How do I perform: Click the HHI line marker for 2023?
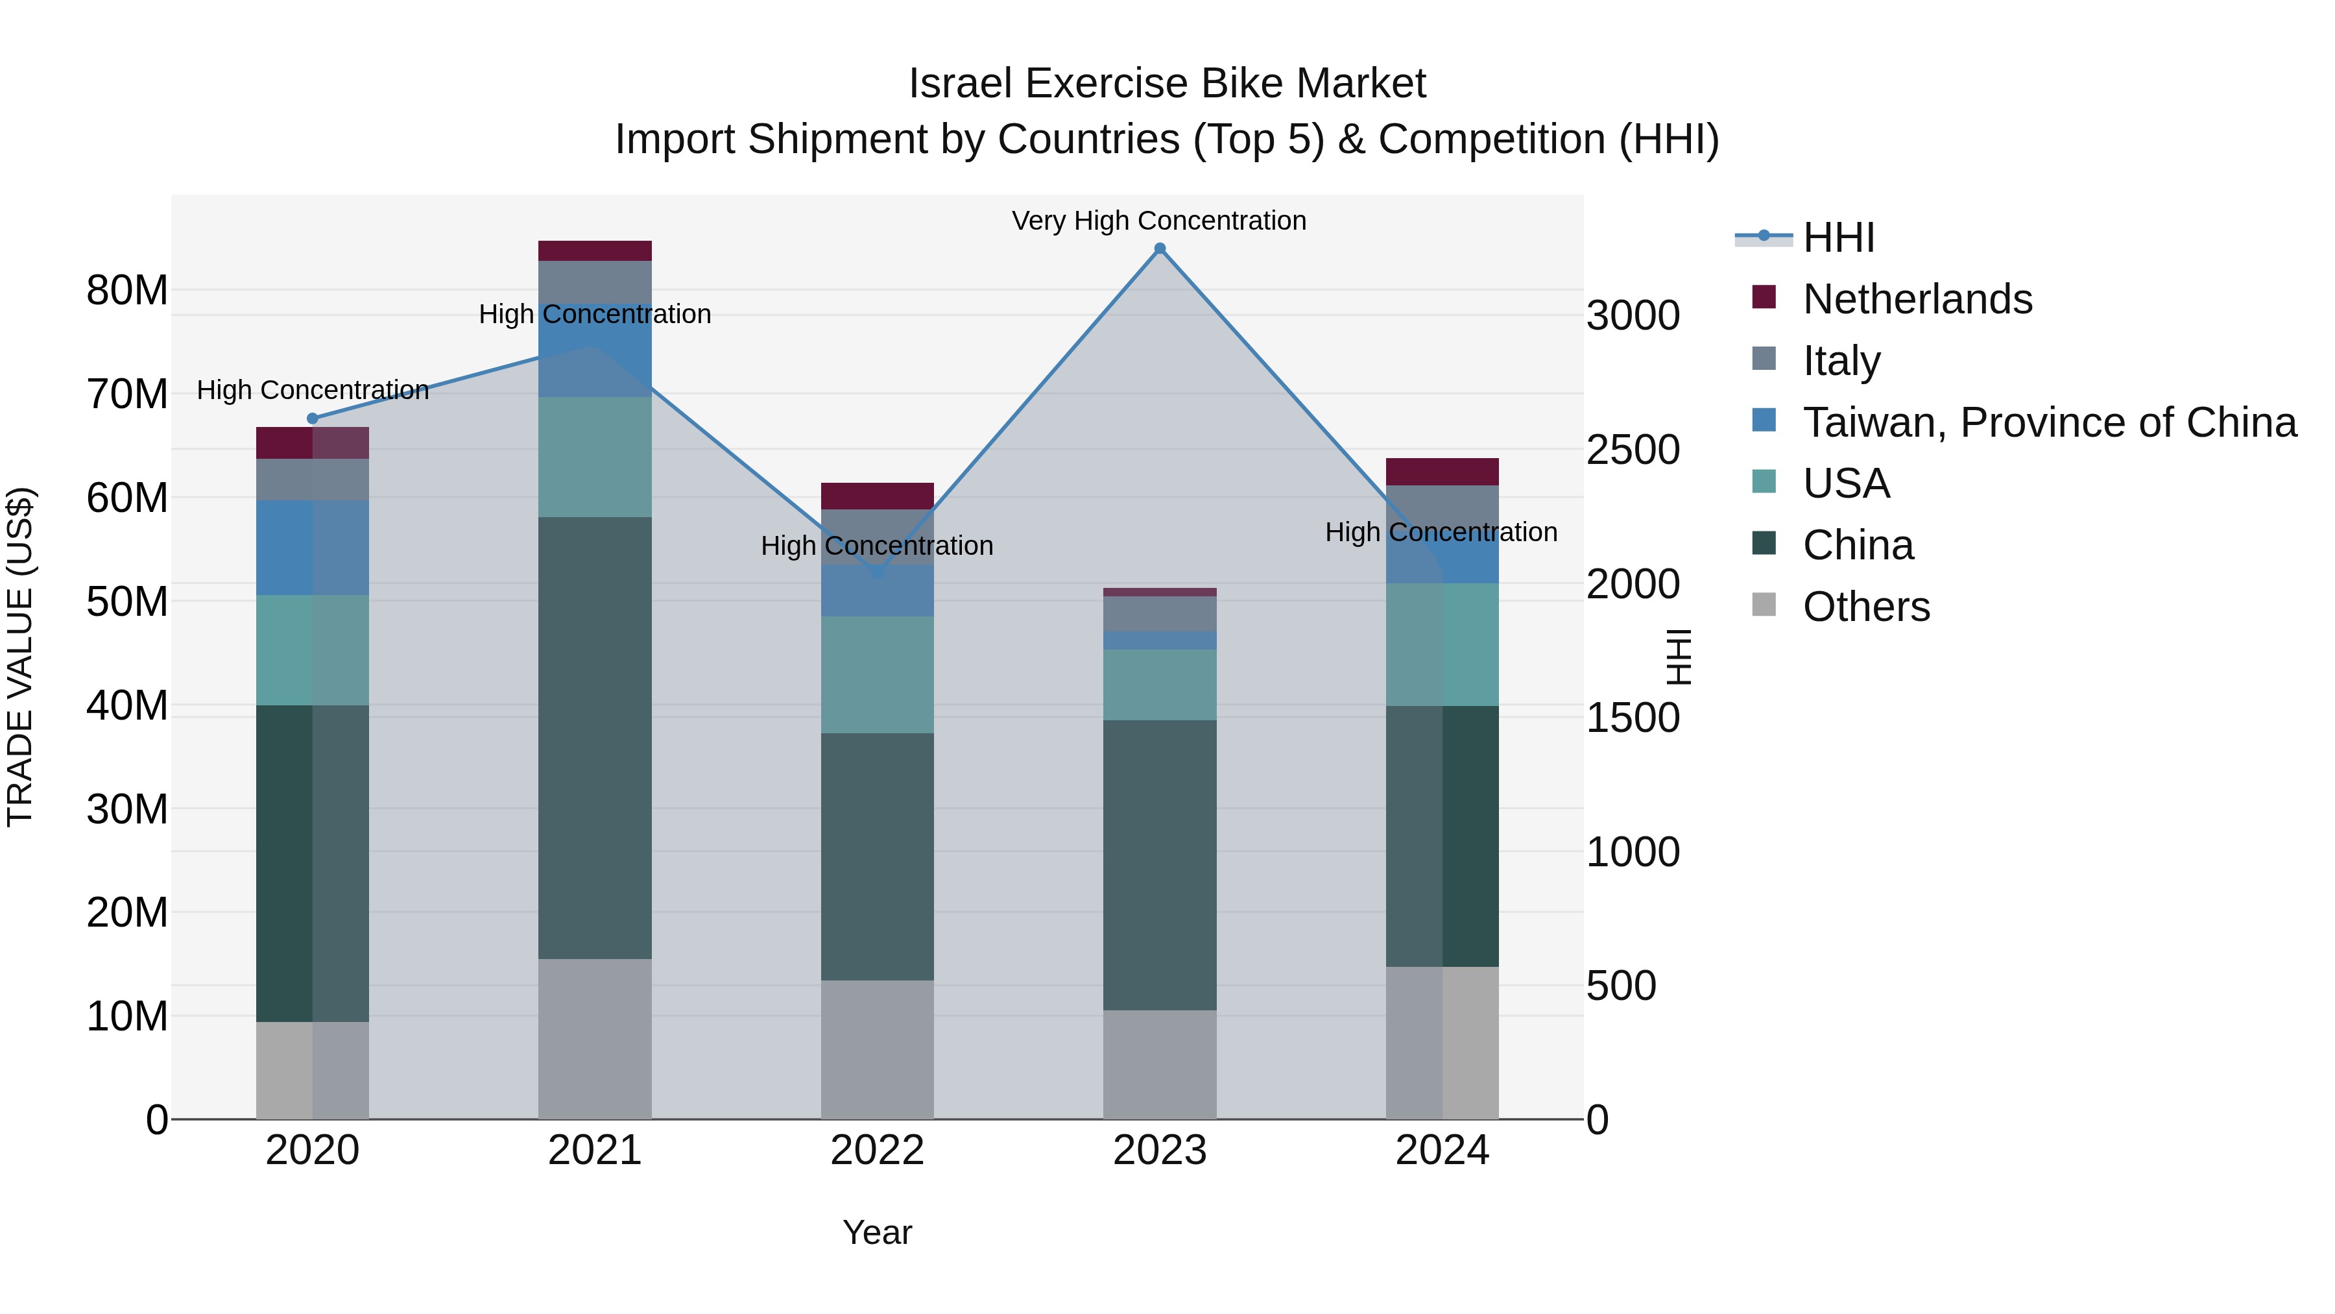1159,249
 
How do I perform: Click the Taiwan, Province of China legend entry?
2048,422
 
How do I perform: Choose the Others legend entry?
1865,607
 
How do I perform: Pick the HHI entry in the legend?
1838,237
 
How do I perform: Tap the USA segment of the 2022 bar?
876,675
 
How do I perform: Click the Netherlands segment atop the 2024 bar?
1441,472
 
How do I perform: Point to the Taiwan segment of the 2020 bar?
313,547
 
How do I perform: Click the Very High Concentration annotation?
1158,221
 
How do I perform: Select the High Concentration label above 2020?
313,390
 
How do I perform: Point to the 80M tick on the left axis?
127,291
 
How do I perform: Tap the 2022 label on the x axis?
876,1150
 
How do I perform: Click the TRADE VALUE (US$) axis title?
20,657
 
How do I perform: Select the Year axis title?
876,1232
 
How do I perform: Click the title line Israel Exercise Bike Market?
1167,84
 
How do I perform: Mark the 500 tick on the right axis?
1621,986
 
